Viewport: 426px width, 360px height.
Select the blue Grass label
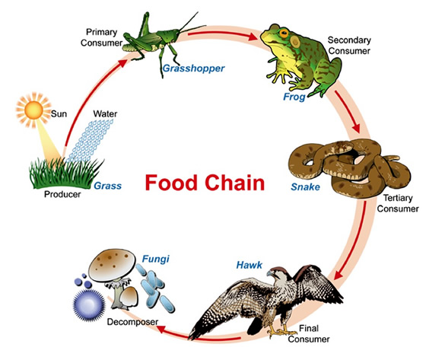pyautogui.click(x=108, y=185)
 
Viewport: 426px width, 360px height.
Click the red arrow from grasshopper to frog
pyautogui.click(x=229, y=35)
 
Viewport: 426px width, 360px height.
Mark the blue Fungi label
pyautogui.click(x=154, y=260)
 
